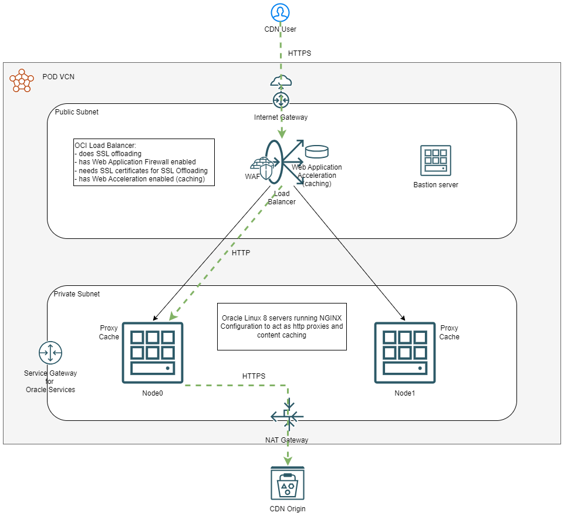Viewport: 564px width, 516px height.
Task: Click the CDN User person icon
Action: pos(281,12)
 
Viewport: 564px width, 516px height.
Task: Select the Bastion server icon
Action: pos(435,161)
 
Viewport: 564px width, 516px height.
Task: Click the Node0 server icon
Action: pos(153,352)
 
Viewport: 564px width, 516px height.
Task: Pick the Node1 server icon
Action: pos(404,352)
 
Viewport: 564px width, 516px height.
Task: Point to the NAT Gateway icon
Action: pos(288,417)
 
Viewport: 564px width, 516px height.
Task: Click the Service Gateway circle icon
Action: pos(50,353)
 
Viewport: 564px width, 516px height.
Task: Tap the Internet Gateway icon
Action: pos(281,99)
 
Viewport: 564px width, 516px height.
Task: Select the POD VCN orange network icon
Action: pos(22,80)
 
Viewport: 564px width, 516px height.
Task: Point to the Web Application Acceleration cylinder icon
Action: pos(317,152)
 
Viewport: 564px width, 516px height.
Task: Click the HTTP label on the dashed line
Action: pos(241,253)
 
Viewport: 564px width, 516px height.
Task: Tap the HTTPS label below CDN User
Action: pos(299,53)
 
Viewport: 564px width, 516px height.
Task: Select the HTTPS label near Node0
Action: pos(254,376)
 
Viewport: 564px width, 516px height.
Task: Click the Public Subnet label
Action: pos(77,112)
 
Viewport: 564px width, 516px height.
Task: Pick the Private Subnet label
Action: pos(77,294)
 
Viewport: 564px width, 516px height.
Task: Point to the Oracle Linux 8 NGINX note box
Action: pos(282,326)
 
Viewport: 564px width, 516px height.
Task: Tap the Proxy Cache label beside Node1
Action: pos(450,332)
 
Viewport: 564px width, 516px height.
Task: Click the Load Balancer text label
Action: pos(282,198)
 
